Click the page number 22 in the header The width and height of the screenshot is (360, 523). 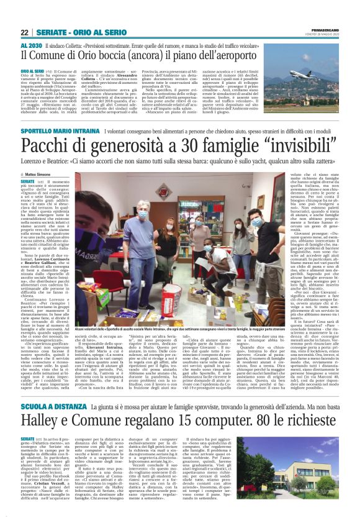coord(24,32)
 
